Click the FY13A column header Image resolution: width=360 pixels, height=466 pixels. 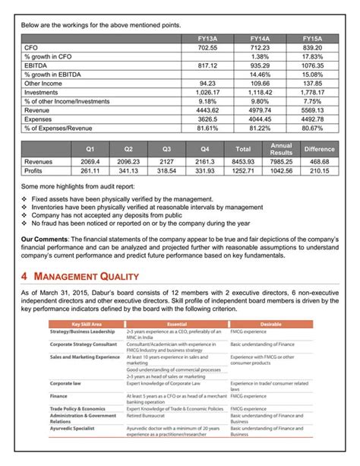click(207, 38)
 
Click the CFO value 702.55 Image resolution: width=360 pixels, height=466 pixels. click(207, 47)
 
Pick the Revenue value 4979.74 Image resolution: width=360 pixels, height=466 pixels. click(260, 109)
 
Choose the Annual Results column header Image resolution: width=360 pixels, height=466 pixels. click(282, 149)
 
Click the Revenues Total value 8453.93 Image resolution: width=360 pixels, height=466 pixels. click(244, 162)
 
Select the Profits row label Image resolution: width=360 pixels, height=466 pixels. click(35, 171)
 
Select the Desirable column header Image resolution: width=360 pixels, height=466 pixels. click(271, 324)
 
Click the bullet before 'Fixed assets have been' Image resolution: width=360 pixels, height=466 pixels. click(25, 199)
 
